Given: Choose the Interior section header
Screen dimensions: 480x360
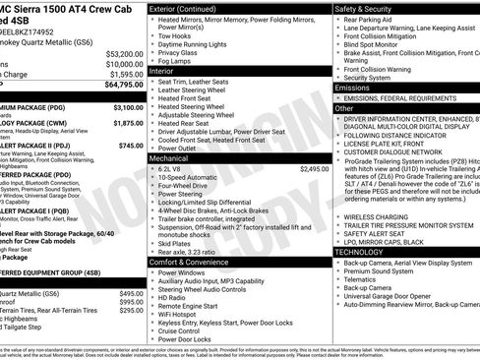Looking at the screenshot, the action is click(x=162, y=71).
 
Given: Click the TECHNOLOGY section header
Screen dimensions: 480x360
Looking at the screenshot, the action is click(x=360, y=252).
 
